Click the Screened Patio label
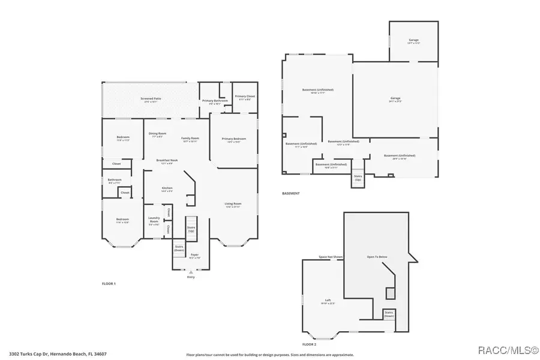151,98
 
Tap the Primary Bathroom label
215,101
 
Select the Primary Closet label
245,97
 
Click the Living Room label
233,204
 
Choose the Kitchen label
167,188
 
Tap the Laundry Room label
154,220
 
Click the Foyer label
194,254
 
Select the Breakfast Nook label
167,160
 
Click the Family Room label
190,139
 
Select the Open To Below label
377,257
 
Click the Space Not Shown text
331,257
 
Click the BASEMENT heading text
291,193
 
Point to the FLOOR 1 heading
109,283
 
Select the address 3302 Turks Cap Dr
58,354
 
